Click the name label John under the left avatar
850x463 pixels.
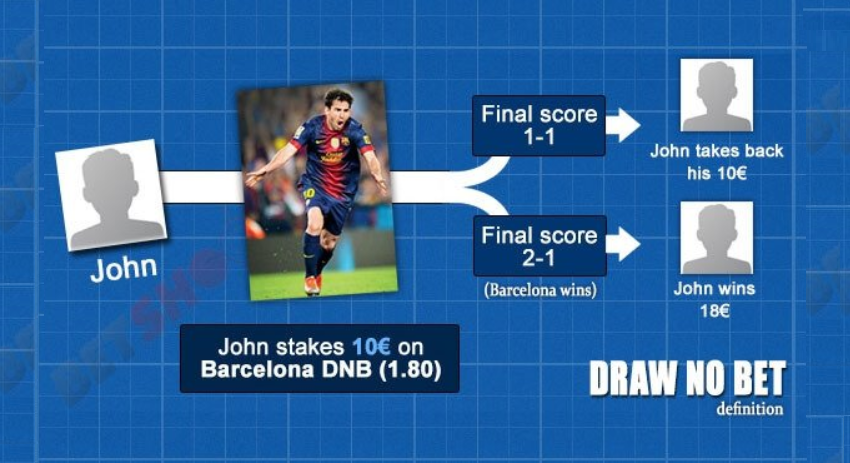124,268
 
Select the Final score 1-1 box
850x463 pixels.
540,125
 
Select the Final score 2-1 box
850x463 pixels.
540,246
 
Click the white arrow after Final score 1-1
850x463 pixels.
623,125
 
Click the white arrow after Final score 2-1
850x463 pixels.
623,244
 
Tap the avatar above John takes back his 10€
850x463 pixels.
716,96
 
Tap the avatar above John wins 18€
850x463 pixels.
716,236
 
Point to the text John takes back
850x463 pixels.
716,152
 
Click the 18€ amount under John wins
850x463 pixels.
716,311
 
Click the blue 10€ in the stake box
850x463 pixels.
369,347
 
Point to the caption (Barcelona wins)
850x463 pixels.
540,291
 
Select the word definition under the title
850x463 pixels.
750,408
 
